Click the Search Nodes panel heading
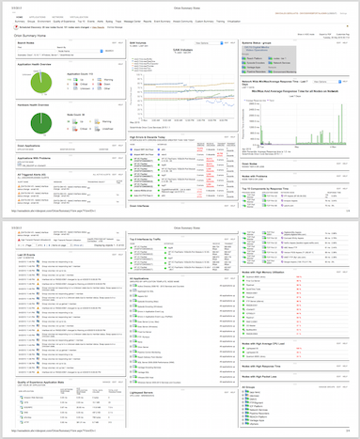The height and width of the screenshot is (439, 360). [28, 43]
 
